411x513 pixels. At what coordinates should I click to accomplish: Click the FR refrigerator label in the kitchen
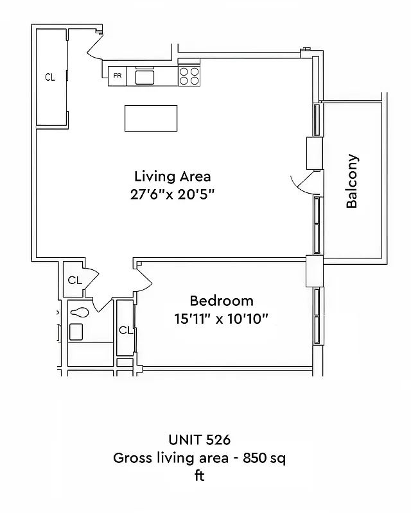pyautogui.click(x=117, y=76)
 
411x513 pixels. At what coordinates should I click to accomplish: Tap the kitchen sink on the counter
pyautogui.click(x=145, y=77)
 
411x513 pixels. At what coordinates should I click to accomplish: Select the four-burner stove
pyautogui.click(x=189, y=76)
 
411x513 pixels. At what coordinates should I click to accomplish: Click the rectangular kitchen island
pyautogui.click(x=151, y=119)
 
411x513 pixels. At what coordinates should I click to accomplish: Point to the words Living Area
pyautogui.click(x=172, y=176)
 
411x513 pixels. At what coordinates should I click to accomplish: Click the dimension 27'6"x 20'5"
pyautogui.click(x=172, y=194)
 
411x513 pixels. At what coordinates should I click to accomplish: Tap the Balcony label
pyautogui.click(x=352, y=181)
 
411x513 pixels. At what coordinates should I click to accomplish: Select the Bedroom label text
pyautogui.click(x=221, y=301)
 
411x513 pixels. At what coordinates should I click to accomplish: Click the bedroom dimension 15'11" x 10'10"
pyautogui.click(x=221, y=319)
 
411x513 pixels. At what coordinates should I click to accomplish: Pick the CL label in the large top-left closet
pyautogui.click(x=50, y=77)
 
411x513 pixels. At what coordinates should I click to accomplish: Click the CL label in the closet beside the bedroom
pyautogui.click(x=125, y=331)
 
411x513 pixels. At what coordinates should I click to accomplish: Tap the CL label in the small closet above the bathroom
pyautogui.click(x=74, y=280)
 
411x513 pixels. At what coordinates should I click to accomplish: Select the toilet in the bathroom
pyautogui.click(x=79, y=313)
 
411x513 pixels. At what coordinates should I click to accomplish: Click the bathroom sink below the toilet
pyautogui.click(x=76, y=332)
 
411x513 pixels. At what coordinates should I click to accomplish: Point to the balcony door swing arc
pyautogui.click(x=301, y=184)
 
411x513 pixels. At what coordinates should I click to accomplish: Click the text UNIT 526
pyautogui.click(x=199, y=440)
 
